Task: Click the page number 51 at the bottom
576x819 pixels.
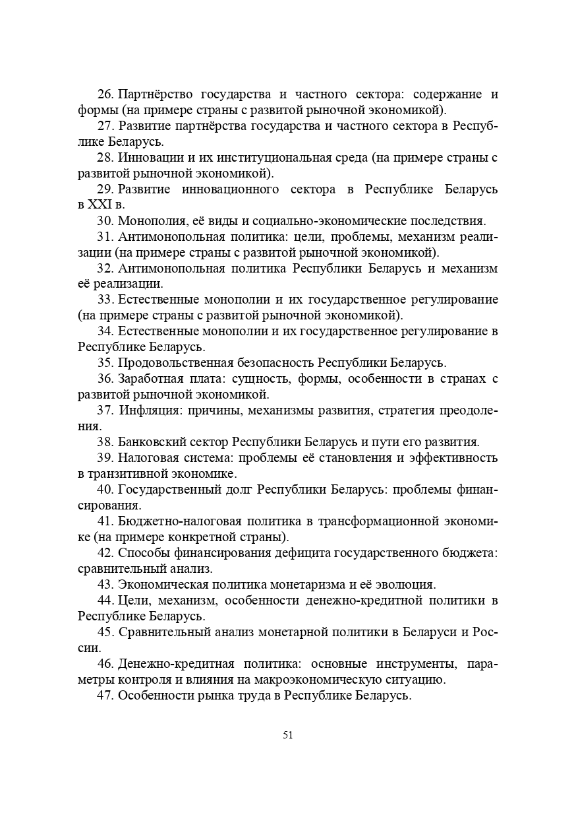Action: [x=287, y=735]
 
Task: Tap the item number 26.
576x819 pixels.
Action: [x=105, y=94]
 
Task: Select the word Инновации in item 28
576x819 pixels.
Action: [x=146, y=158]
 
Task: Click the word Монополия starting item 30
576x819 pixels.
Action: [x=147, y=221]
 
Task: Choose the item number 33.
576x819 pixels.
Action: [x=105, y=300]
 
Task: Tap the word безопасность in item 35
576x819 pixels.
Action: [x=276, y=363]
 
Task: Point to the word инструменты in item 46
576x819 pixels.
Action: [x=413, y=664]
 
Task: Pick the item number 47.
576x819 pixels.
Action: [x=105, y=696]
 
